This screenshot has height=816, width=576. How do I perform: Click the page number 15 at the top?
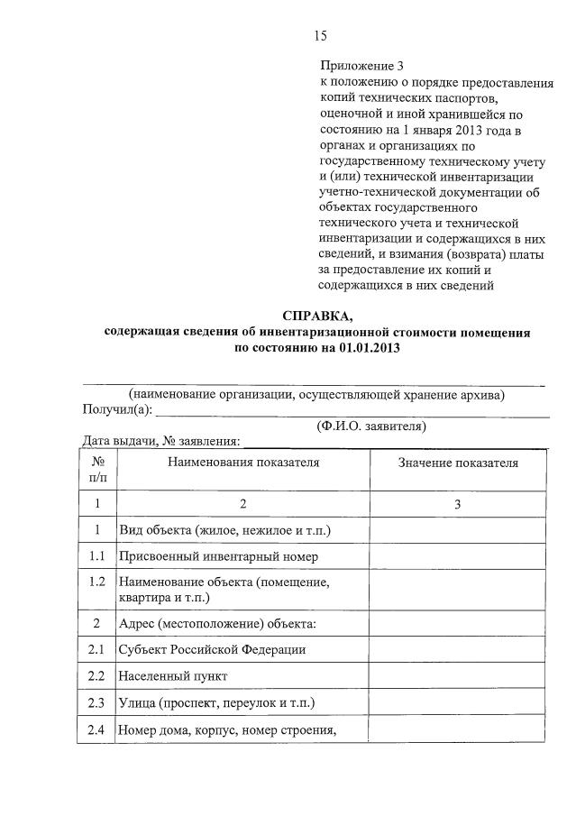coord(320,36)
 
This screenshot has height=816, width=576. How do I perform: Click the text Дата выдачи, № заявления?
coord(162,441)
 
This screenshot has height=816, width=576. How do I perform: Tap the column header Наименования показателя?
coord(242,463)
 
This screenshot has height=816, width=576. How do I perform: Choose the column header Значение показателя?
coord(458,463)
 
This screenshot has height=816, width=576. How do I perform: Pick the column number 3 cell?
coord(458,504)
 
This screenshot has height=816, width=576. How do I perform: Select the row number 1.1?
coord(96,556)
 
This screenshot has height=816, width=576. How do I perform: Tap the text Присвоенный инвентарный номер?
coord(218,556)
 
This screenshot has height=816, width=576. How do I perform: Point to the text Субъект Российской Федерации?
coord(213,649)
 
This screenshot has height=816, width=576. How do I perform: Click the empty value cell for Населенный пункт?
coord(458,675)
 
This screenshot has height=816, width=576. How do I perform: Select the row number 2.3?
coord(96,702)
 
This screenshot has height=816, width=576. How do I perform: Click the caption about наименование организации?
coord(316,394)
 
